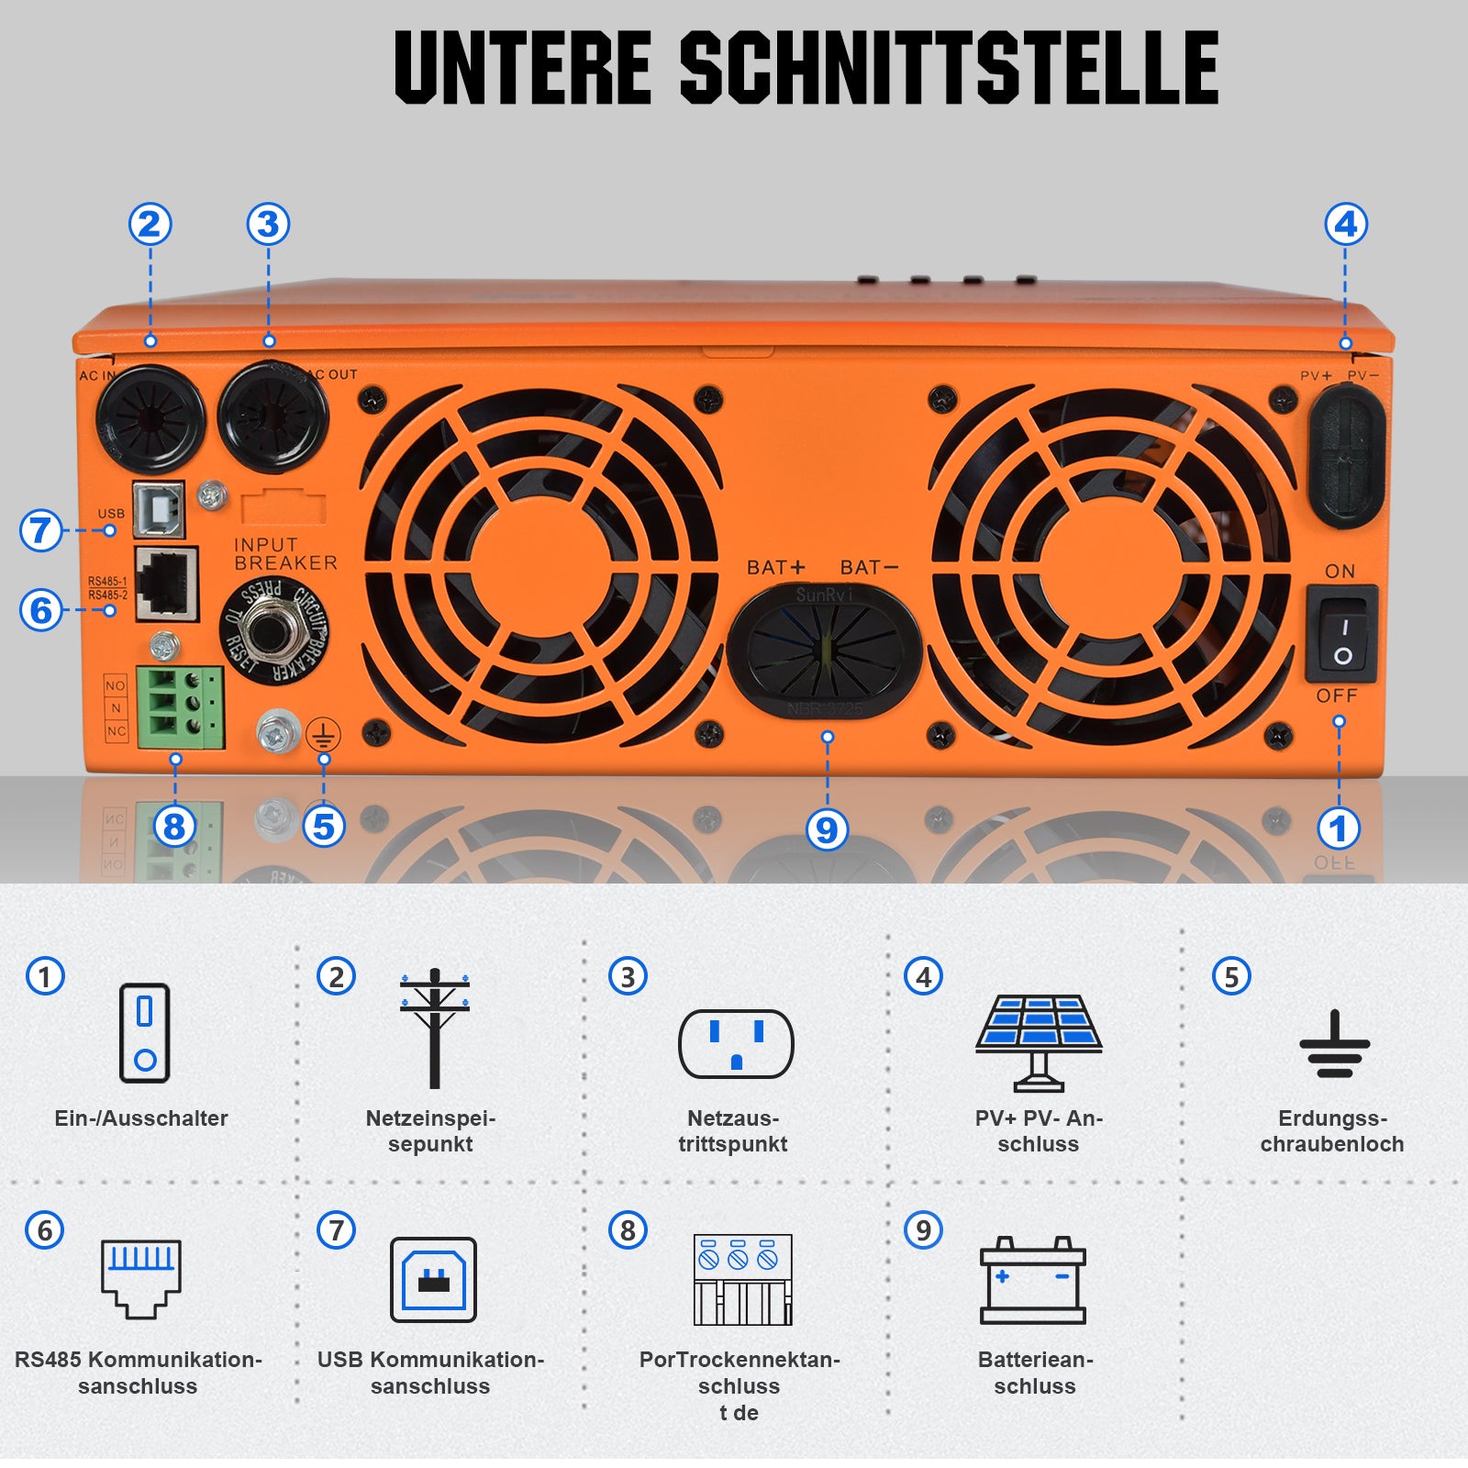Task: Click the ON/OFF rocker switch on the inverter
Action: tap(1340, 633)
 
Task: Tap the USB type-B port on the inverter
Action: tap(159, 510)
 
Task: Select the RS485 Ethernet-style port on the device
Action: tap(167, 584)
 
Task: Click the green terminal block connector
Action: tap(181, 707)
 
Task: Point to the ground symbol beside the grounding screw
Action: tap(324, 735)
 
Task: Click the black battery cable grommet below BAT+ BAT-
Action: tap(824, 652)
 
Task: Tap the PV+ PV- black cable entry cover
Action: tap(1345, 456)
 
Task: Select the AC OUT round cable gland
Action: tap(272, 416)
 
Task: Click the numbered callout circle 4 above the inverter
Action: tap(1346, 224)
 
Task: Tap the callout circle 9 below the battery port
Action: tap(827, 829)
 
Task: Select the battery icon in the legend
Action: tap(1032, 1280)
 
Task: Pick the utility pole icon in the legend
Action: tap(435, 1028)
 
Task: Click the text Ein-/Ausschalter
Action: tap(141, 1118)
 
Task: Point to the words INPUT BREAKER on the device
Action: tap(284, 554)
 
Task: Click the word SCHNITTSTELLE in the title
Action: tap(949, 68)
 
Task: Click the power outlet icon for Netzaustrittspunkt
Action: tap(736, 1043)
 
